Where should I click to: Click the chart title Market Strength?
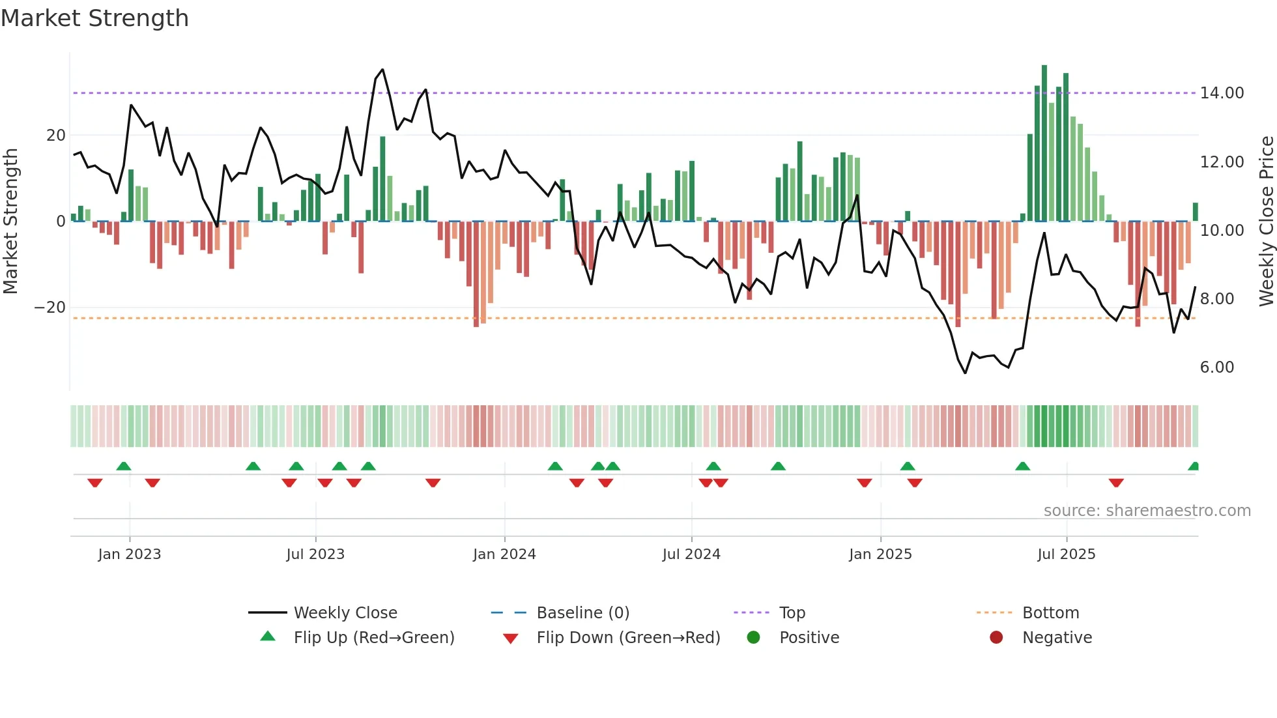(x=94, y=18)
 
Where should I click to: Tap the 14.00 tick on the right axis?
(x=1222, y=93)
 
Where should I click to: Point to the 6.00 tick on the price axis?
(x=1216, y=367)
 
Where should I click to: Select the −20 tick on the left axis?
(x=50, y=308)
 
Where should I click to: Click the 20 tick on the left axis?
(x=56, y=136)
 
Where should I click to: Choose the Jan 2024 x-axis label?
(x=504, y=554)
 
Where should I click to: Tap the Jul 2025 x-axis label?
(x=1066, y=554)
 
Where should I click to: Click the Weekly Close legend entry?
(x=345, y=613)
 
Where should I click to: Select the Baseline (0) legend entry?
(x=582, y=613)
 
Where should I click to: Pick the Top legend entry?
(x=792, y=613)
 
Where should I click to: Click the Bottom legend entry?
(x=1050, y=613)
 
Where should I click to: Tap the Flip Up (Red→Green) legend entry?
(x=373, y=638)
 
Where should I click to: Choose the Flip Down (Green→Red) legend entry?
(x=628, y=638)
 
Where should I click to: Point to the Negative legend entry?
(x=1056, y=638)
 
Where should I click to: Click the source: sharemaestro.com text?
(x=1147, y=511)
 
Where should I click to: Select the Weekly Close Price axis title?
(x=1266, y=222)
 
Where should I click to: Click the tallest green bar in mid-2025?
(x=1044, y=143)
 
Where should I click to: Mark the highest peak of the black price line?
(x=382, y=70)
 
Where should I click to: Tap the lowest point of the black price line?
(x=965, y=373)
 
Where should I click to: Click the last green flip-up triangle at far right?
(x=1194, y=467)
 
